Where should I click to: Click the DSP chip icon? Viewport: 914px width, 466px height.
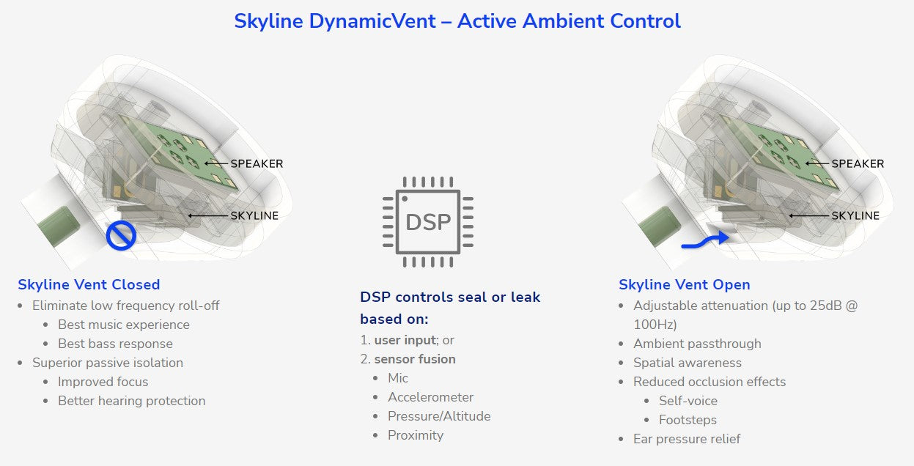[x=428, y=222]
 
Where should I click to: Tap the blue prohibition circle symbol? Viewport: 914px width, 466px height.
[x=121, y=235]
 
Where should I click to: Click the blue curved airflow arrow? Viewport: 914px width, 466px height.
[x=705, y=241]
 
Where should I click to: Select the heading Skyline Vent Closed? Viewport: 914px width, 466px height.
[x=89, y=284]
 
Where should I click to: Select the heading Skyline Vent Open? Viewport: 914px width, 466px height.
[x=685, y=284]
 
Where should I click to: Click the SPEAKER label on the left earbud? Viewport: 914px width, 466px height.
[x=257, y=163]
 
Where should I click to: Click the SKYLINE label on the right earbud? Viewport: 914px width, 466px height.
[x=855, y=215]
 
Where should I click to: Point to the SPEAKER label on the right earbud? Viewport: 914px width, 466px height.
[x=858, y=163]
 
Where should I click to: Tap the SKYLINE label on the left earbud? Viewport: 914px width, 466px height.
[x=254, y=215]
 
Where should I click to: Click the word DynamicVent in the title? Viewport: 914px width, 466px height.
[x=372, y=21]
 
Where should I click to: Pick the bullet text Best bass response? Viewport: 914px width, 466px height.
[x=115, y=344]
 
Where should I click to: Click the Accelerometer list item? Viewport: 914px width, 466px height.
[x=430, y=397]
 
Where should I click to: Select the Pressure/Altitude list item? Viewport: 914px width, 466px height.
[x=439, y=416]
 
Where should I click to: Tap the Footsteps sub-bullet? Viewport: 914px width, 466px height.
[x=688, y=420]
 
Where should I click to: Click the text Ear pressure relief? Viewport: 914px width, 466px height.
[x=687, y=439]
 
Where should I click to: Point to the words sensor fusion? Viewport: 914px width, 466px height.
[x=415, y=359]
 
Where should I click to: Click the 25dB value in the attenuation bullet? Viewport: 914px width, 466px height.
[x=826, y=306]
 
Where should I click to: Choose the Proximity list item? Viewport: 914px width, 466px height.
[x=416, y=435]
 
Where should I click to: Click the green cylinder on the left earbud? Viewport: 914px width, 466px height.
[x=59, y=226]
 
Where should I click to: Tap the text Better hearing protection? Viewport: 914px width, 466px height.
[x=131, y=401]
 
